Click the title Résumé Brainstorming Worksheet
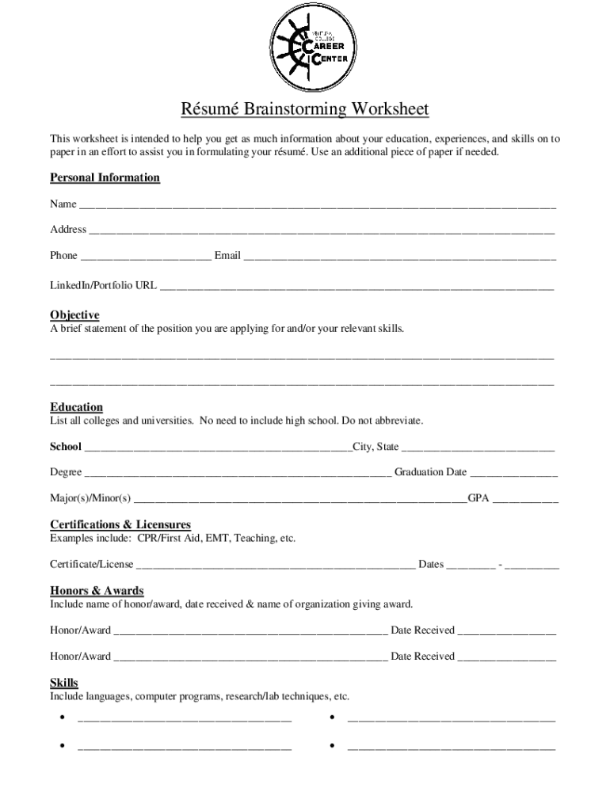pos(305,109)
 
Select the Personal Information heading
pos(105,177)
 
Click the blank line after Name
pos(317,206)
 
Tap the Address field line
pos(321,231)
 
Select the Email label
pos(227,255)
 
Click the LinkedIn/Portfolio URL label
pos(103,284)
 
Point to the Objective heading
pos(74,314)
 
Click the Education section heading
pos(76,407)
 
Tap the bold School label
pos(66,447)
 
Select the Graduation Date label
pos(430,472)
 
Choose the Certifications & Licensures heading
pos(120,524)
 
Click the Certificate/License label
pos(92,565)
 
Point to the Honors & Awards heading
pos(97,590)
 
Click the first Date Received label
pos(422,630)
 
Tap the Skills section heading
pos(64,683)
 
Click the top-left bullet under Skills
pos(61,718)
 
